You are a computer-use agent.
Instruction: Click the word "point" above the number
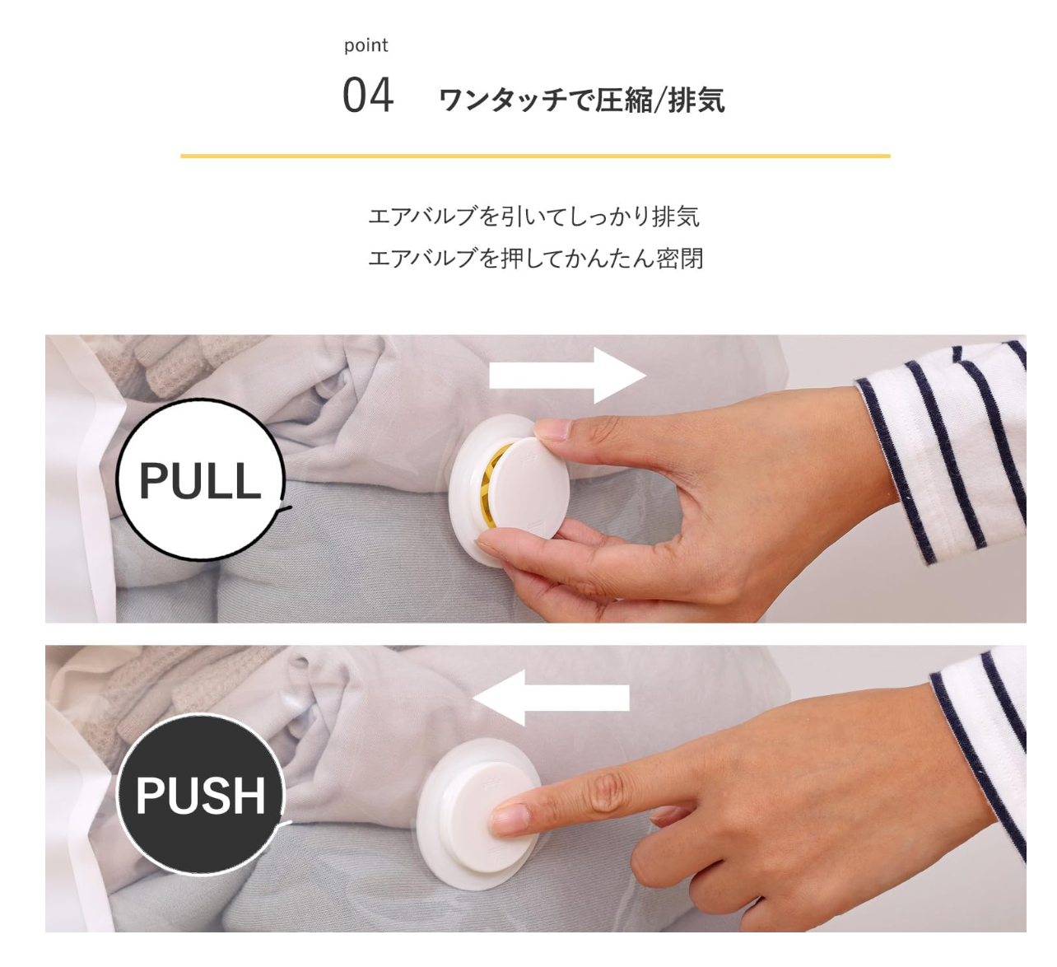coord(366,46)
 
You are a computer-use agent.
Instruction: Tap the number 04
coord(368,96)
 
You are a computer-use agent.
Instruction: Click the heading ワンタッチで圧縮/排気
coord(582,100)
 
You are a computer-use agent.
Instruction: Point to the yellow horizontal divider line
coord(535,156)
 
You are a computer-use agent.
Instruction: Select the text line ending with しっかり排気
coord(533,217)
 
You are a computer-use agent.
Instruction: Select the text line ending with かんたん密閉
coord(535,259)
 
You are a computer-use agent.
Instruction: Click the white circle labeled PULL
coord(200,479)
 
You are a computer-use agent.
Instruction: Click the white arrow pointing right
coord(567,376)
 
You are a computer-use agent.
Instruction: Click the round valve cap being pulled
coord(528,486)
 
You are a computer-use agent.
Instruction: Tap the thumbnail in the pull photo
coord(551,430)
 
